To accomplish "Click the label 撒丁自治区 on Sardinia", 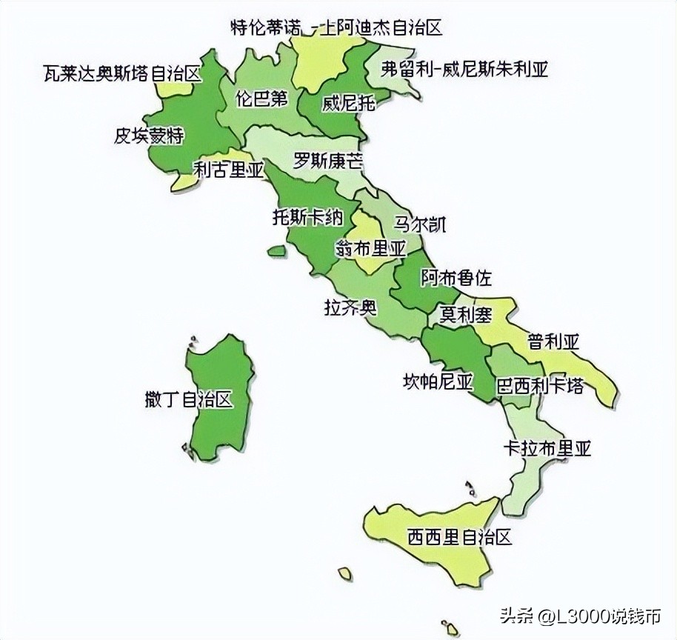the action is tap(189, 400).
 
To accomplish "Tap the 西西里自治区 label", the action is tap(459, 536).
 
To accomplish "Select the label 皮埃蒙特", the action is tap(149, 136).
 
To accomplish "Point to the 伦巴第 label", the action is tap(261, 99).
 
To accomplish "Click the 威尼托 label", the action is tap(348, 103).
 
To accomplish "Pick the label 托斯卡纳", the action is tap(308, 217).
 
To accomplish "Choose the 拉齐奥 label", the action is tap(350, 307).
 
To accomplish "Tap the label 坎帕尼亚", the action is tap(438, 381).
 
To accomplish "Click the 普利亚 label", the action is tap(553, 341).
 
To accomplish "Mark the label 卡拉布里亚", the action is tap(547, 448).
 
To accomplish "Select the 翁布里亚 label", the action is tap(371, 249).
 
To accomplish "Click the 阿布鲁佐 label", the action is tap(456, 278).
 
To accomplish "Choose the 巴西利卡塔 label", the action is tap(539, 386).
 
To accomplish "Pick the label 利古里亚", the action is tap(228, 170).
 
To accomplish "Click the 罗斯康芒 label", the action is tap(328, 160).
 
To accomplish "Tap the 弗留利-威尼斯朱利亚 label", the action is tap(464, 70).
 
